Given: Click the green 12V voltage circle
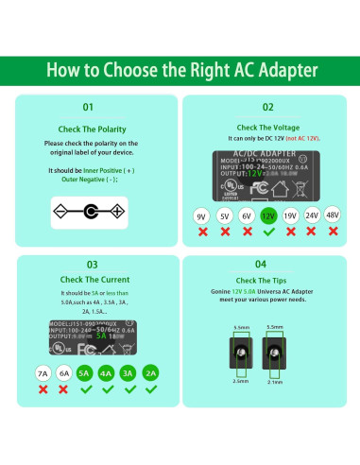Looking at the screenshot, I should (267, 216).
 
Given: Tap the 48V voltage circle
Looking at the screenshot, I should (332, 216).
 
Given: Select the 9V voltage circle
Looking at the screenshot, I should (201, 216).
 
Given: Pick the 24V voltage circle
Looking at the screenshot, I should (311, 216).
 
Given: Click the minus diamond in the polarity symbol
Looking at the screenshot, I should (59, 210).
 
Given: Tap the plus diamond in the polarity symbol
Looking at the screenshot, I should (120, 210).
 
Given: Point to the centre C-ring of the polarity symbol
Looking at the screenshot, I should (90, 210).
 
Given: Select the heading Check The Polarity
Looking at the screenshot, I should (90, 128).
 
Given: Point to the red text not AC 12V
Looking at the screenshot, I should (300, 139).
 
